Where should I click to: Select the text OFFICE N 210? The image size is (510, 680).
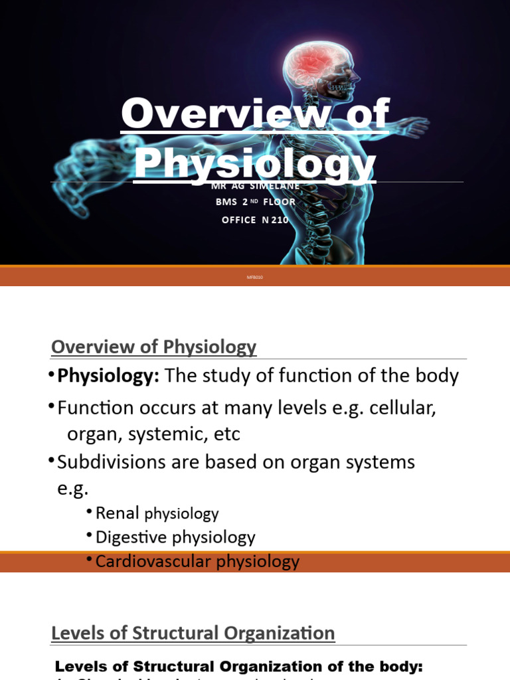click(255, 220)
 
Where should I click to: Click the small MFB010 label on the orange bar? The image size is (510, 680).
click(255, 277)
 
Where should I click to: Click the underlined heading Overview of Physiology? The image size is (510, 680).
click(153, 347)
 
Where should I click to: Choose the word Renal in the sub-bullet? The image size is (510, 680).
click(118, 513)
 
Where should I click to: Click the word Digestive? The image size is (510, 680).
click(133, 537)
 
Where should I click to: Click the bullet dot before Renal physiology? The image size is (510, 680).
click(89, 511)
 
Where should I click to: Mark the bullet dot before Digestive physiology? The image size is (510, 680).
click(89, 535)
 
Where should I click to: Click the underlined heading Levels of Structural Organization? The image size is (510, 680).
click(193, 634)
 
